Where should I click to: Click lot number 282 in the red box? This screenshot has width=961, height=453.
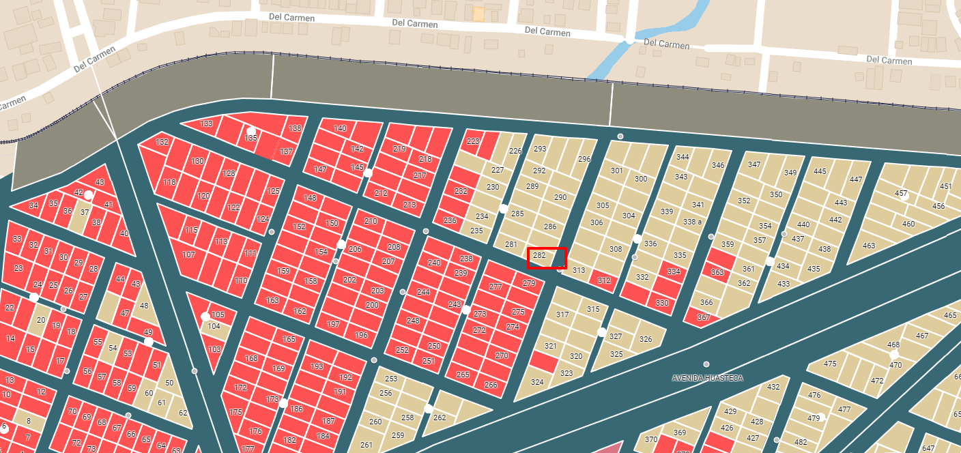pyautogui.click(x=539, y=256)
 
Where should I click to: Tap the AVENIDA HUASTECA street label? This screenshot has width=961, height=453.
pyautogui.click(x=707, y=378)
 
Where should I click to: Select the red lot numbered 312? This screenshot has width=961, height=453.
pyautogui.click(x=603, y=280)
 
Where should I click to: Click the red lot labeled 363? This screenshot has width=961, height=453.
pyautogui.click(x=717, y=272)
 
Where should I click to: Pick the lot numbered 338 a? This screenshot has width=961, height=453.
pyautogui.click(x=692, y=222)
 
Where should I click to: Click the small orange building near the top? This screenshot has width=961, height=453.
pyautogui.click(x=479, y=13)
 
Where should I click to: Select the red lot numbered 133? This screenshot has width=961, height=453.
pyautogui.click(x=207, y=124)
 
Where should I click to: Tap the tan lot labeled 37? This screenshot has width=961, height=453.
pyautogui.click(x=85, y=212)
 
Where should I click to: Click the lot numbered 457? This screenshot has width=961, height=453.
pyautogui.click(x=901, y=194)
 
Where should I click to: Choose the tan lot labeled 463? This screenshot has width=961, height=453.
pyautogui.click(x=869, y=246)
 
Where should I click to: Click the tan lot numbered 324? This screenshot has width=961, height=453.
pyautogui.click(x=537, y=382)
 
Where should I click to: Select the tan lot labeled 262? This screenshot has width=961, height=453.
pyautogui.click(x=440, y=418)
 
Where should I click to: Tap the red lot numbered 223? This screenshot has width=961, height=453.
pyautogui.click(x=472, y=142)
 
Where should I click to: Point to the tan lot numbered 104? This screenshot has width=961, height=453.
pyautogui.click(x=214, y=327)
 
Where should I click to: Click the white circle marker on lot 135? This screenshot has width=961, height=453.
pyautogui.click(x=251, y=131)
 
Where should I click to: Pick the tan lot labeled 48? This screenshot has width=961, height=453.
pyautogui.click(x=144, y=306)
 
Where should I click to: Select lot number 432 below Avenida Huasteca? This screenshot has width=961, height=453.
pyautogui.click(x=773, y=388)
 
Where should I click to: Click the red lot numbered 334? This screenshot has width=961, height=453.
pyautogui.click(x=674, y=272)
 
